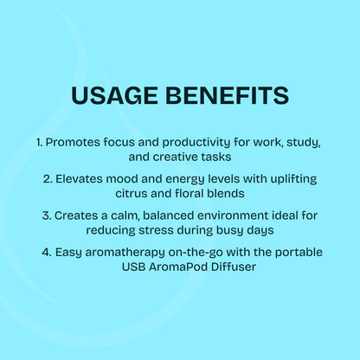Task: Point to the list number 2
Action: coord(47,177)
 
